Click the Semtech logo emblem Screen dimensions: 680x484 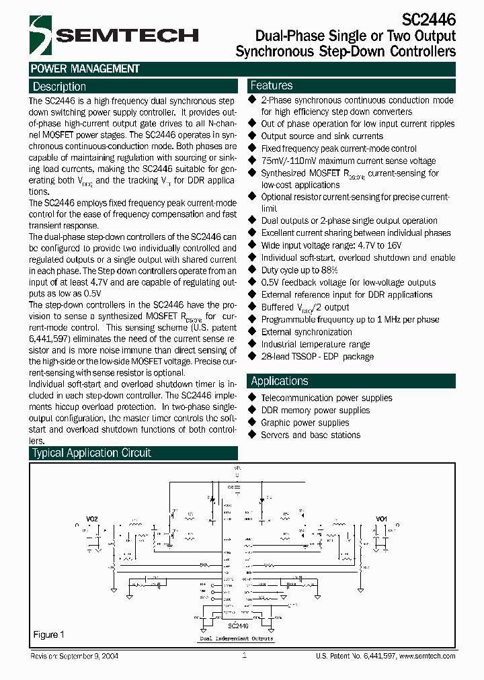42,36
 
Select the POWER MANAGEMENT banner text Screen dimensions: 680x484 85,69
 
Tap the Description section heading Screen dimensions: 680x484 59,87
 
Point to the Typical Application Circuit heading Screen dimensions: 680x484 92,454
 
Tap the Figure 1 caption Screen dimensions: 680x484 48,634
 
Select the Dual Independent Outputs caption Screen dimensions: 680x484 237,639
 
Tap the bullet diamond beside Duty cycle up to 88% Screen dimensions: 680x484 253,269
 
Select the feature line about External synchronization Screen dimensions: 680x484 306,332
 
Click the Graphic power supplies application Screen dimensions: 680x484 305,423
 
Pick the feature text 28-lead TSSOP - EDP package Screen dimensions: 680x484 317,357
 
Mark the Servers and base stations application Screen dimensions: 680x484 310,435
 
